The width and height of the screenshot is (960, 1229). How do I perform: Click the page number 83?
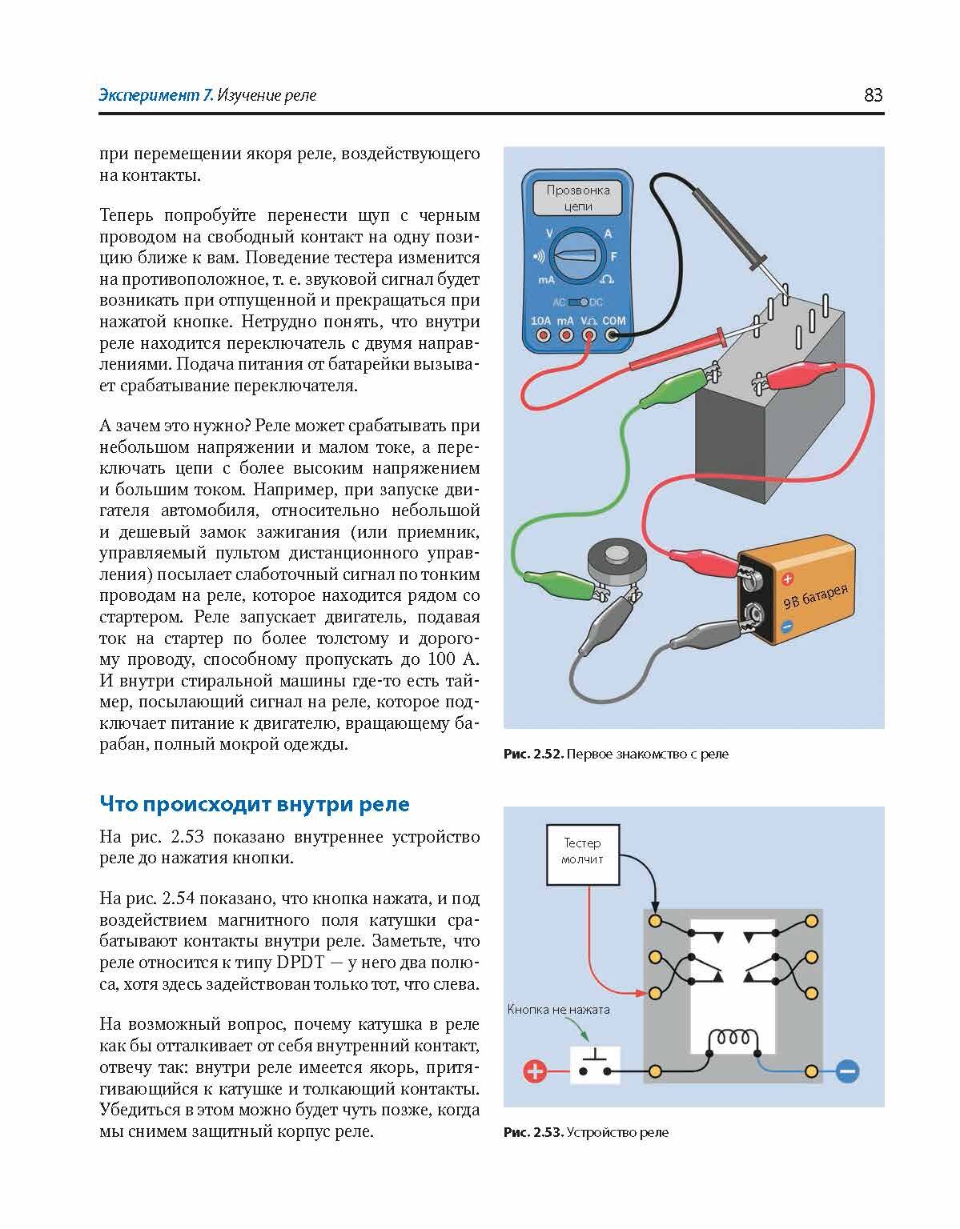point(873,95)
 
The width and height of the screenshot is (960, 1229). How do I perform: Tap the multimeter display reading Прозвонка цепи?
point(577,198)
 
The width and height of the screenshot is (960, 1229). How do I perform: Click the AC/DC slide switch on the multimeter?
point(578,302)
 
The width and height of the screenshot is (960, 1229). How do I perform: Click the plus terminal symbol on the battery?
point(787,579)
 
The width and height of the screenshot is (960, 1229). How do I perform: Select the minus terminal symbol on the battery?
point(787,627)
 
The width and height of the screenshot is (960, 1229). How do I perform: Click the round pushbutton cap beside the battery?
point(615,554)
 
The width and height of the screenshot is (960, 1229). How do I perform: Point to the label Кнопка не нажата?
point(558,1010)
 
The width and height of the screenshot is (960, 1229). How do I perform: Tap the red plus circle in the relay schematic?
point(535,1071)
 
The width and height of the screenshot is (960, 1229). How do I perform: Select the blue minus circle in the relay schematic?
point(847,1071)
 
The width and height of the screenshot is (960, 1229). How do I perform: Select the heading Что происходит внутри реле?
point(255,804)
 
